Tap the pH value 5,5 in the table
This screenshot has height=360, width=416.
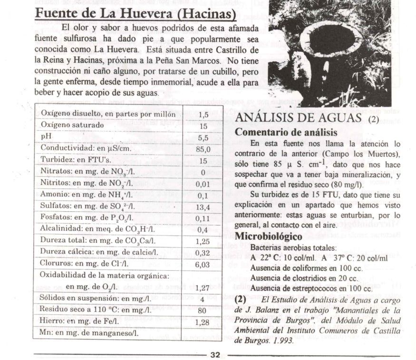[203, 137]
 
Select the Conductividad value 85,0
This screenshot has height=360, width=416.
[203, 149]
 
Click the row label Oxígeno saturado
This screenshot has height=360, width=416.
[72, 125]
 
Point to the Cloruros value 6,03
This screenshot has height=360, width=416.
[203, 264]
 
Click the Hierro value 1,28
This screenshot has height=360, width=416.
[203, 322]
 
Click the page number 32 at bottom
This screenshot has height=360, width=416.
[215, 354]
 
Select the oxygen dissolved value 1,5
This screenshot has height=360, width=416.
[203, 114]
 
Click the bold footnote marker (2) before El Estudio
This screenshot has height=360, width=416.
[241, 299]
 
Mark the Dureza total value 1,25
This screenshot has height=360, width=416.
[203, 241]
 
